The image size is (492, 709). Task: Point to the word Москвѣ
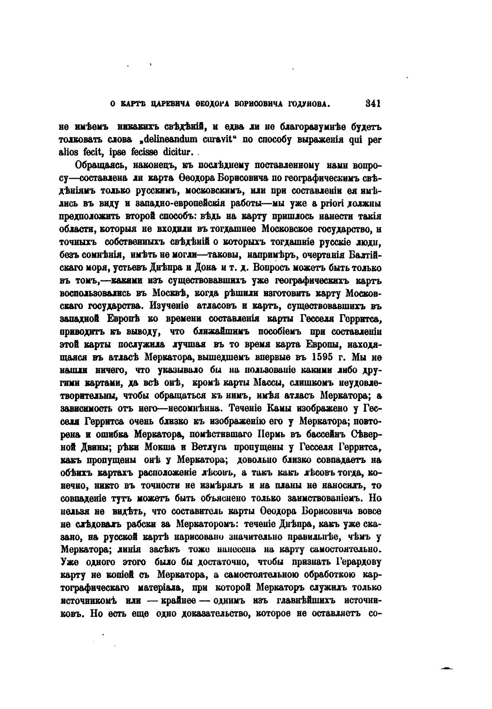(169, 294)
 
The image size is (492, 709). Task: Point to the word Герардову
(358, 562)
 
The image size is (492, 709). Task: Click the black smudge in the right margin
(447, 668)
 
